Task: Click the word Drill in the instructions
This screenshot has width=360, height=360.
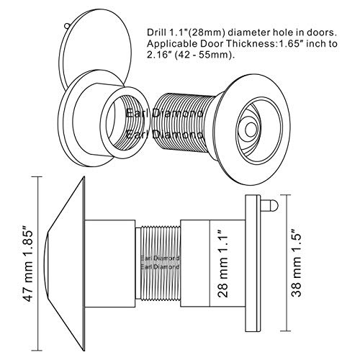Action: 155,32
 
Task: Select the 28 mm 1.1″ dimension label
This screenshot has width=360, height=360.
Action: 222,264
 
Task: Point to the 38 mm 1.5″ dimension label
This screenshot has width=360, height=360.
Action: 296,264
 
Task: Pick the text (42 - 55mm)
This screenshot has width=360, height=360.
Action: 204,55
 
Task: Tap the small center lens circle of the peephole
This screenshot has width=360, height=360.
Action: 251,130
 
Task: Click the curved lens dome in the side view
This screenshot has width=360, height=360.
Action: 45,264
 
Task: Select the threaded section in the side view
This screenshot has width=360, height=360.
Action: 158,263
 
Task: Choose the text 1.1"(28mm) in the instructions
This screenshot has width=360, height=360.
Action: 195,33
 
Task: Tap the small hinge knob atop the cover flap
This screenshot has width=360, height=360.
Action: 66,25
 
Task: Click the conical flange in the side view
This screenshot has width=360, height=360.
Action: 66,264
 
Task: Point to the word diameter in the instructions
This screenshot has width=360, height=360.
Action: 245,32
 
